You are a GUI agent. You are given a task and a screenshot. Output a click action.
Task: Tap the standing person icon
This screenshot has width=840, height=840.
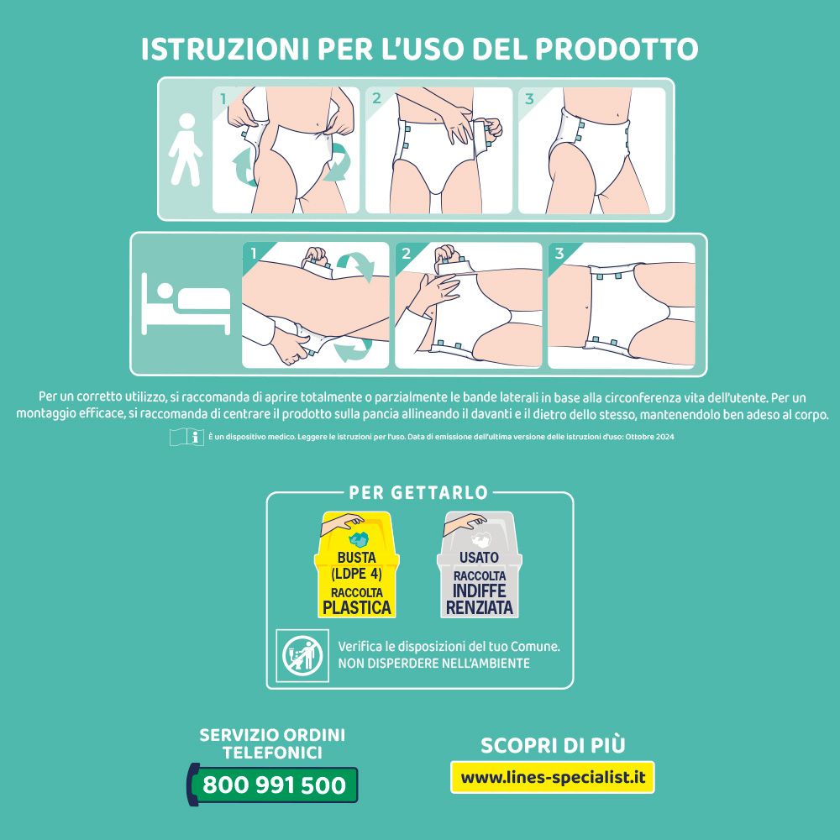(185, 150)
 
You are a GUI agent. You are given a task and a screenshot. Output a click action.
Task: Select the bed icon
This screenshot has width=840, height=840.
(186, 303)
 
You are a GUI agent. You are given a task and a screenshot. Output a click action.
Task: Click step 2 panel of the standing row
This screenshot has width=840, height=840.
(438, 150)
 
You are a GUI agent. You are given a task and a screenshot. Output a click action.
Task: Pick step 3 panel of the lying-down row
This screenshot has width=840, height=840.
(621, 305)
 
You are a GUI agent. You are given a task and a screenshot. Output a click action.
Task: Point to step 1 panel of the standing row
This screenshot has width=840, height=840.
(286, 150)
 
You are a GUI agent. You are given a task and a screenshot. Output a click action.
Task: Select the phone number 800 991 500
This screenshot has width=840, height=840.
(275, 785)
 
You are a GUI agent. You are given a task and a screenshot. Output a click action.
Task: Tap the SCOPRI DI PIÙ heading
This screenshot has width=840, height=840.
(552, 745)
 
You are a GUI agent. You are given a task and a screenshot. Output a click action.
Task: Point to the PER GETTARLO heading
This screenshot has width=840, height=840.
(419, 492)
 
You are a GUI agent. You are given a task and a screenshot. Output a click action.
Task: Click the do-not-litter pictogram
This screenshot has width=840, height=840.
(302, 655)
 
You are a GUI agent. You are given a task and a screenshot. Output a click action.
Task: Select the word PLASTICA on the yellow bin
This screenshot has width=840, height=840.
(357, 607)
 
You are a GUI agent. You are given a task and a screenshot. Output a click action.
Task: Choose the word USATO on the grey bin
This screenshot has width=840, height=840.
(479, 558)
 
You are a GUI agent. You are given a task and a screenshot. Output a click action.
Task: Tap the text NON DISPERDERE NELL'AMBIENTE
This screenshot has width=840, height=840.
(433, 664)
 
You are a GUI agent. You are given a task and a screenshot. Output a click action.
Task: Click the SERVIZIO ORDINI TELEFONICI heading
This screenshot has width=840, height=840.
(272, 744)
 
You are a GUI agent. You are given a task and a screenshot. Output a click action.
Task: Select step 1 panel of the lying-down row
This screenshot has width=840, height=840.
(316, 305)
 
